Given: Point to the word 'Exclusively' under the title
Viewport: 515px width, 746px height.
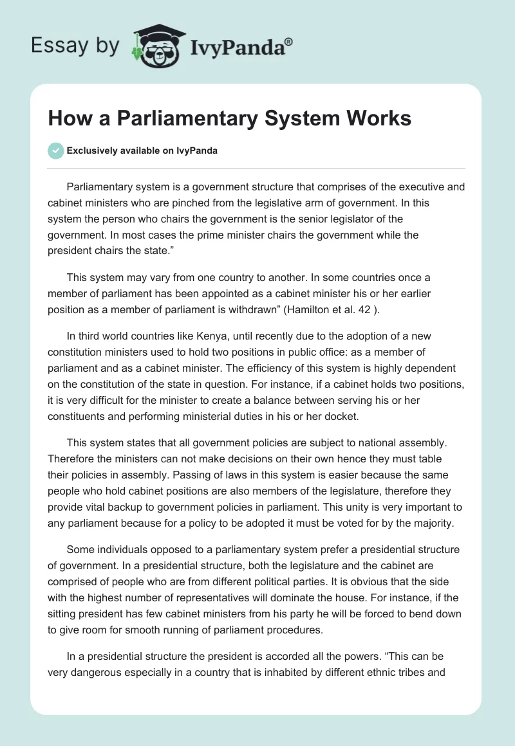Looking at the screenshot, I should [x=91, y=151].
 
